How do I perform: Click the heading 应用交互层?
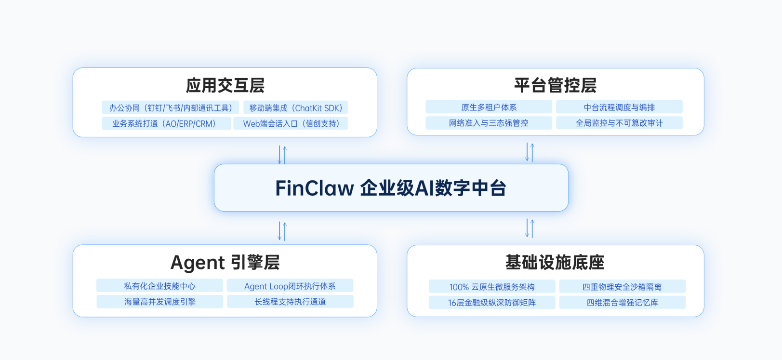tap(225, 86)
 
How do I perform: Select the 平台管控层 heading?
tap(555, 85)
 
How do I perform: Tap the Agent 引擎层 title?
tap(225, 263)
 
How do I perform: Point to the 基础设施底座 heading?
tap(555, 263)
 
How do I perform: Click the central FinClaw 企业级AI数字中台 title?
tap(391, 188)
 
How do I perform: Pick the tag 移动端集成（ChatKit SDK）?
tap(295, 108)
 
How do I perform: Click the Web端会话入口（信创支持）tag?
tap(291, 123)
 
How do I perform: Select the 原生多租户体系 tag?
tap(489, 107)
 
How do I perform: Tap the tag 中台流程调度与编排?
tap(619, 107)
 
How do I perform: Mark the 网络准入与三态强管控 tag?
tap(489, 123)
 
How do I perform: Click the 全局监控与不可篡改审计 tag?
tap(619, 123)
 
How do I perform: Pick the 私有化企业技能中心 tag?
tap(159, 286)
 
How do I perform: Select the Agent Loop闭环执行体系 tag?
tap(290, 286)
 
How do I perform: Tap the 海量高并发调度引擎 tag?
tap(159, 302)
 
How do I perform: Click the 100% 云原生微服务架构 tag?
tap(492, 287)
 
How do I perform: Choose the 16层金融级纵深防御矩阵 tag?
tap(492, 302)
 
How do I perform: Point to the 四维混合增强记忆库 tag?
tap(623, 302)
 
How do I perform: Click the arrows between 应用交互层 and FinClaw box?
tap(282, 155)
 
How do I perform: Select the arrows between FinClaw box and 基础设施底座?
tap(530, 228)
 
